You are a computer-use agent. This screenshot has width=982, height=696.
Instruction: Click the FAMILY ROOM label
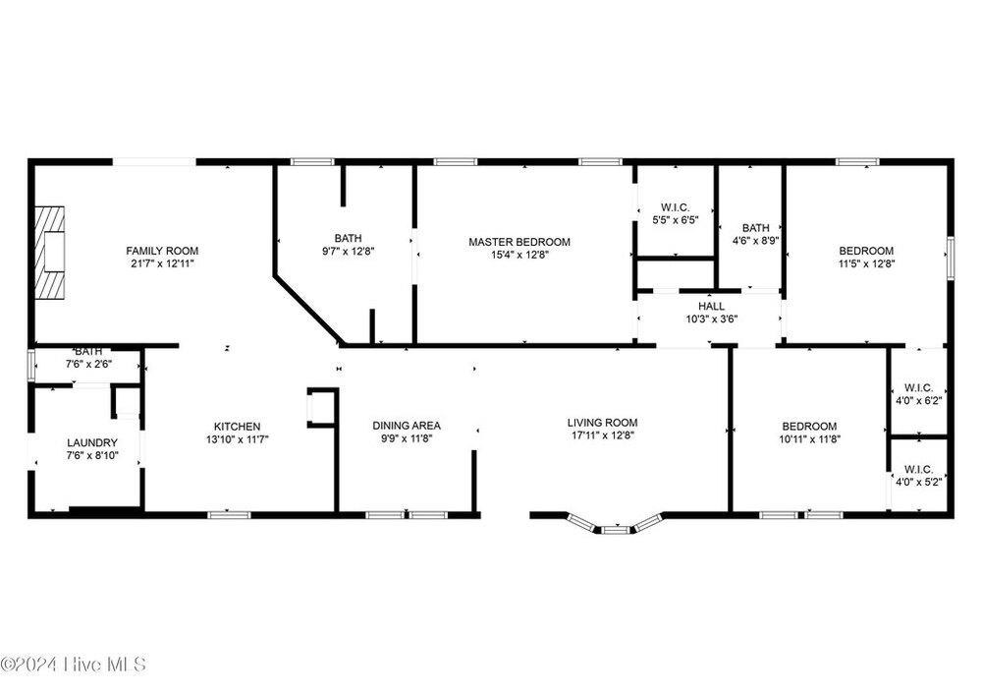pyautogui.click(x=162, y=251)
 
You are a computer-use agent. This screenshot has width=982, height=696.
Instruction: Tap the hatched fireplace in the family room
pyautogui.click(x=49, y=253)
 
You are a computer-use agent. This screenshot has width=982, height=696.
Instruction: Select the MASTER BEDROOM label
pyautogui.click(x=519, y=242)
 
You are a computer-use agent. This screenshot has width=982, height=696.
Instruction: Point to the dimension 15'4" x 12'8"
pyautogui.click(x=519, y=255)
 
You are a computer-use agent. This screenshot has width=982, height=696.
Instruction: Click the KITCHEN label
pyautogui.click(x=237, y=427)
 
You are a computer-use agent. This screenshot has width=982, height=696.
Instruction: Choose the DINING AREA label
pyautogui.click(x=407, y=426)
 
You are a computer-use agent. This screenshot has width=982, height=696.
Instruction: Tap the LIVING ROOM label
pyautogui.click(x=603, y=424)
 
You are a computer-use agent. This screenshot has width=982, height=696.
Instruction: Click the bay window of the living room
pyautogui.click(x=615, y=524)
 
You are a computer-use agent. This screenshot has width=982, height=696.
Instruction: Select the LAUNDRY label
pyautogui.click(x=92, y=442)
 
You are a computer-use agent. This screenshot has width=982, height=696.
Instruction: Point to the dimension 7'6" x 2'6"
pyautogui.click(x=88, y=364)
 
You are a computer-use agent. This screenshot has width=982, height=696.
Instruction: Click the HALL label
pyautogui.click(x=711, y=306)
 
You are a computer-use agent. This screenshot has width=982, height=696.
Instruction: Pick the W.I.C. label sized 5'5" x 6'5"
pyautogui.click(x=676, y=207)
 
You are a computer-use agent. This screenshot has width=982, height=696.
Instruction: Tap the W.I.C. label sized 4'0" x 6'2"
pyautogui.click(x=919, y=388)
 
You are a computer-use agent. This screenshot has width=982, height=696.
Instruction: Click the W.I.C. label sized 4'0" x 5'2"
pyautogui.click(x=919, y=470)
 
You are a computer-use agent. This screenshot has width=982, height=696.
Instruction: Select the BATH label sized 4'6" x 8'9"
pyautogui.click(x=755, y=228)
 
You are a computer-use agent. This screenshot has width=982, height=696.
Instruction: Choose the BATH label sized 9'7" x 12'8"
pyautogui.click(x=348, y=238)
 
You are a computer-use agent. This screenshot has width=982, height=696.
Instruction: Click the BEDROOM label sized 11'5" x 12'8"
pyautogui.click(x=866, y=251)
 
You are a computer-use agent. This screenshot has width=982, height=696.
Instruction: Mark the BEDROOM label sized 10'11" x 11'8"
pyautogui.click(x=809, y=427)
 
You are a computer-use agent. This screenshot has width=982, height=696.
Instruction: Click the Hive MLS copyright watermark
pyautogui.click(x=74, y=664)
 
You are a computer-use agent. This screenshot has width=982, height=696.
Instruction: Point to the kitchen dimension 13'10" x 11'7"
pyautogui.click(x=238, y=439)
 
